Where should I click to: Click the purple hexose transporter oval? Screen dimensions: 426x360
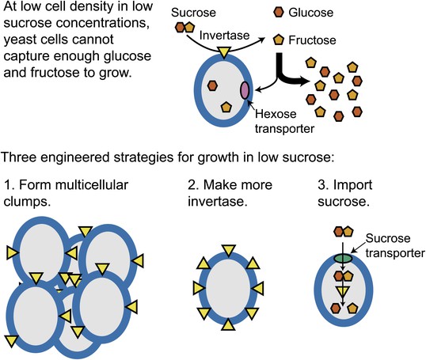pyautogui.click(x=245, y=90)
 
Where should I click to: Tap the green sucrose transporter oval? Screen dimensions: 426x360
pyautogui.click(x=343, y=258)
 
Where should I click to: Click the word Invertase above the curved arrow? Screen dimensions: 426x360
pyautogui.click(x=224, y=36)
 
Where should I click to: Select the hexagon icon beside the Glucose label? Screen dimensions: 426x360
pyautogui.click(x=279, y=12)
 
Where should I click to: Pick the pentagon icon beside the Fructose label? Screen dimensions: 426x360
pyautogui.click(x=279, y=40)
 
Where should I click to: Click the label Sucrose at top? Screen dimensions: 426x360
pyautogui.click(x=193, y=13)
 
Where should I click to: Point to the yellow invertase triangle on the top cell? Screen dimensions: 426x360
pyautogui.click(x=224, y=52)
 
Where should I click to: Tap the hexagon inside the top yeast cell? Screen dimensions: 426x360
pyautogui.click(x=212, y=85)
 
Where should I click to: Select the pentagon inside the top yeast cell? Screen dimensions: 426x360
pyautogui.click(x=226, y=108)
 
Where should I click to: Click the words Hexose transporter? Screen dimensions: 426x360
pyautogui.click(x=284, y=121)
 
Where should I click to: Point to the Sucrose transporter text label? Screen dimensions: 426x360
pyautogui.click(x=395, y=245)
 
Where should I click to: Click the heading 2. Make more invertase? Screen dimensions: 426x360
pyautogui.click(x=230, y=193)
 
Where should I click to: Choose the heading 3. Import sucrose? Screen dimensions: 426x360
pyautogui.click(x=344, y=193)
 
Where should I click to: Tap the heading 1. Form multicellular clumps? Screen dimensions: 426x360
pyautogui.click(x=66, y=193)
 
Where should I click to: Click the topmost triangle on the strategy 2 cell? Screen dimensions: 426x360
pyautogui.click(x=229, y=250)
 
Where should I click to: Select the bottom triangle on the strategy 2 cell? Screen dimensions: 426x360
pyautogui.click(x=228, y=324)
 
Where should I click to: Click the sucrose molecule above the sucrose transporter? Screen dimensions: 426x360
pyautogui.click(x=344, y=232)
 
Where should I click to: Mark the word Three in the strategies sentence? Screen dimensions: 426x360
pyautogui.click(x=20, y=157)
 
